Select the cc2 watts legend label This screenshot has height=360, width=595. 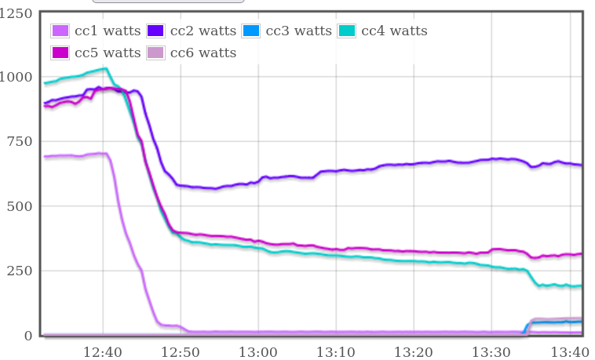[x=203, y=31]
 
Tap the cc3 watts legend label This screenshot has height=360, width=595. [x=299, y=31]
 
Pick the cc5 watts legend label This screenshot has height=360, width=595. [x=108, y=53]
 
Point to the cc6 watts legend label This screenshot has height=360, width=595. [x=203, y=53]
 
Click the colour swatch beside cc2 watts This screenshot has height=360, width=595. [x=157, y=31]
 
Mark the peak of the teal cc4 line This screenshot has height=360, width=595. [x=104, y=68]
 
